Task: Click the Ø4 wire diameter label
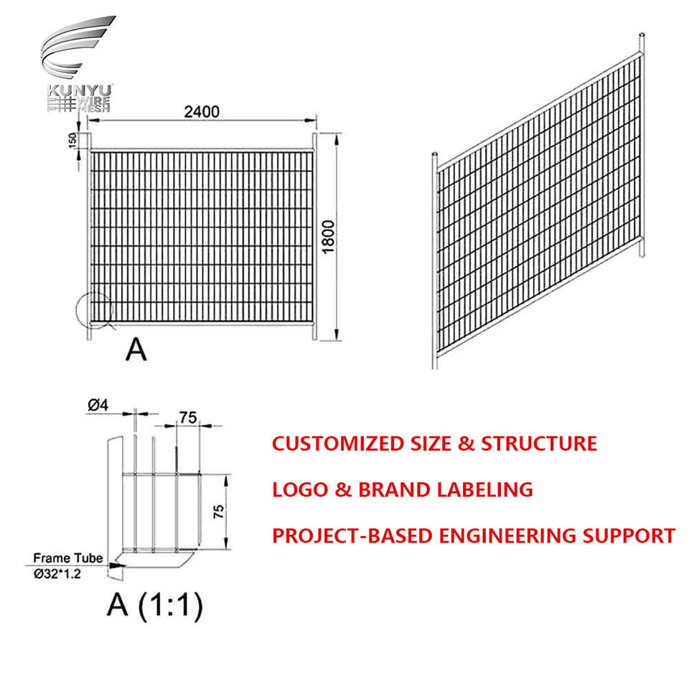coord(98,406)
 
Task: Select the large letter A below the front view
coord(136,349)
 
